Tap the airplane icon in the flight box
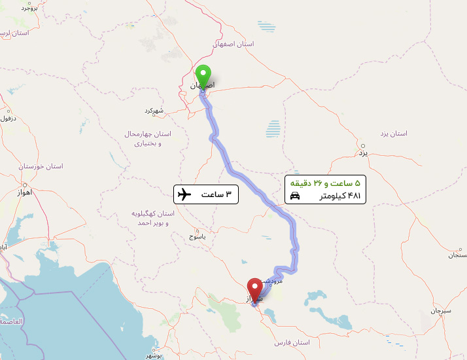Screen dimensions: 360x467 184,194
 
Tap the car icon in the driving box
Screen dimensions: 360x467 295,196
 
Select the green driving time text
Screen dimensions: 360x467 325,183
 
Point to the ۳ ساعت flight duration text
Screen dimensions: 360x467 215,194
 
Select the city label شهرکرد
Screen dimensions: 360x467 154,110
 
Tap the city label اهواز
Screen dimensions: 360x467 22,194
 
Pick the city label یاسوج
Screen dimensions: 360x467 198,236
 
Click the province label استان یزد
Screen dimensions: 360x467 393,134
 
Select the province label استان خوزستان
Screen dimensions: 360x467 41,166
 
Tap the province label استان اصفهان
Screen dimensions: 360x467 233,44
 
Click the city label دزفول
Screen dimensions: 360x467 8,118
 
